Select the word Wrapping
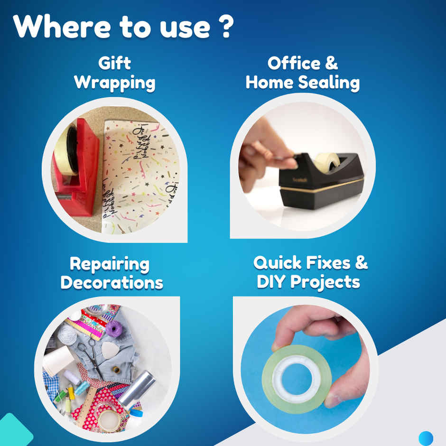click(115, 83)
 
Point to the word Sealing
click(329, 83)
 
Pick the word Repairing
click(110, 264)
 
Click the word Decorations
click(112, 283)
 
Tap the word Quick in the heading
click(278, 262)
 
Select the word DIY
click(271, 282)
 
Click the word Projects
click(325, 282)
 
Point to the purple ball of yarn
click(114, 329)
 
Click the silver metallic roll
click(137, 389)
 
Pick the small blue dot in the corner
click(426, 438)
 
